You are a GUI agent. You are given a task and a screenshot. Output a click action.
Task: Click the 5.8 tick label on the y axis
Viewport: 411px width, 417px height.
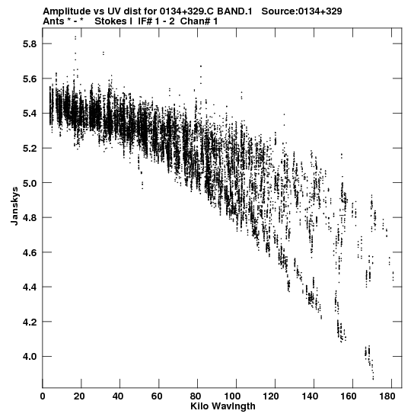pos(29,44)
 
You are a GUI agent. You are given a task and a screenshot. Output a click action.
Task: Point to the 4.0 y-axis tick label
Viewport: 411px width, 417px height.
pos(29,356)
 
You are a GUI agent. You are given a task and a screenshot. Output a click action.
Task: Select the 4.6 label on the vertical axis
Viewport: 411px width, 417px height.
pos(29,252)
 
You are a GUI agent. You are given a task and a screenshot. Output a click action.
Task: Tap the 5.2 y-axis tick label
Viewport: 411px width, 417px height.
pos(29,148)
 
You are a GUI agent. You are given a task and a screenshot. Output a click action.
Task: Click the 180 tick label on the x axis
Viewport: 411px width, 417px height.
pos(387,396)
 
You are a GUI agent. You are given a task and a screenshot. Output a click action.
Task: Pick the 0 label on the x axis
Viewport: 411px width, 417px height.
pos(43,396)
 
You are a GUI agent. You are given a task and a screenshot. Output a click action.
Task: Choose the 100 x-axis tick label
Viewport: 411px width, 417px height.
pos(232,396)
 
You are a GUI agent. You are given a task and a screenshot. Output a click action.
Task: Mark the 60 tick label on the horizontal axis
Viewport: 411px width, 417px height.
pos(157,396)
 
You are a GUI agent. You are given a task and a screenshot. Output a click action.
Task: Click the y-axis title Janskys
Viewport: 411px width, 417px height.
pos(15,206)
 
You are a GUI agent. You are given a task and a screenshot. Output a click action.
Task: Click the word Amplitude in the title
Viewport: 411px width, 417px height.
pos(67,11)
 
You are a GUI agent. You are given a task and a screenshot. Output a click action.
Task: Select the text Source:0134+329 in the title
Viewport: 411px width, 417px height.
pos(301,11)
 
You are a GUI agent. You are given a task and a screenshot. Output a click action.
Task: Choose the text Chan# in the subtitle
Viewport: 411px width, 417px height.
pos(195,21)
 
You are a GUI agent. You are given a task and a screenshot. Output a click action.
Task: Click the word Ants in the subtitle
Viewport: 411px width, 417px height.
pos(53,21)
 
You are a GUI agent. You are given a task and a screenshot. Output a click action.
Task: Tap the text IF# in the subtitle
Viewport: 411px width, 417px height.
pos(145,21)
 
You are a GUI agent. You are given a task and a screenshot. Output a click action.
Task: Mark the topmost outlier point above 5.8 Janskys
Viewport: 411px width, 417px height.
pos(75,38)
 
